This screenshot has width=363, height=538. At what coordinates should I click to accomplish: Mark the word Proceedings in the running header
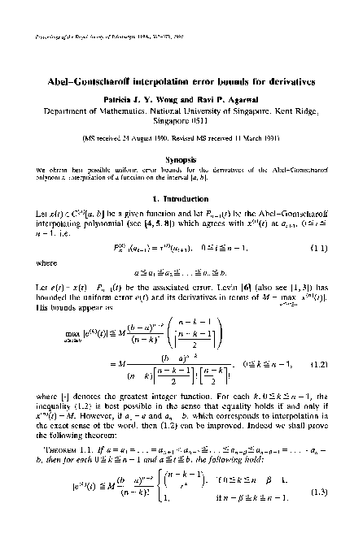pos(42,37)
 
